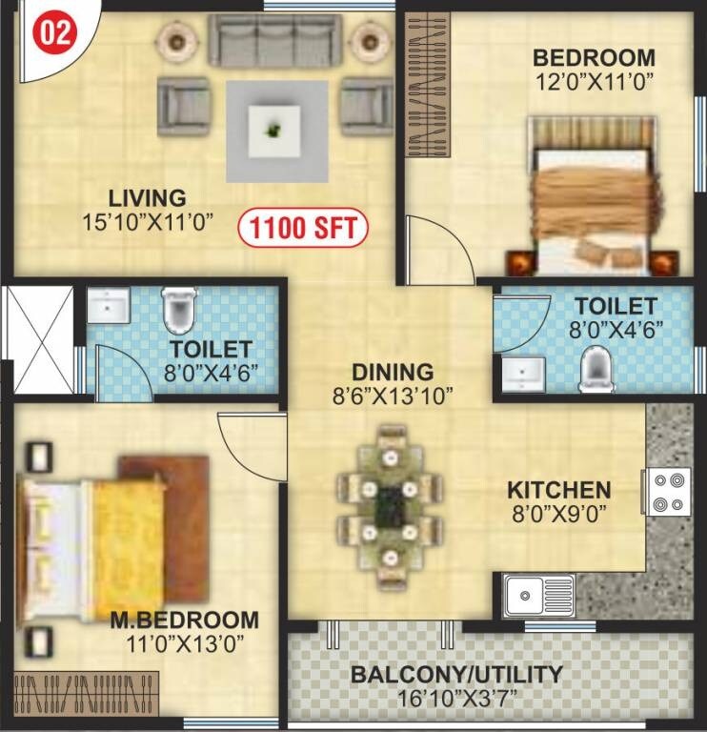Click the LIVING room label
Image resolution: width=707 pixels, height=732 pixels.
tap(147, 198)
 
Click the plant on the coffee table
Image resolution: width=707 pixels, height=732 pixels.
tap(276, 128)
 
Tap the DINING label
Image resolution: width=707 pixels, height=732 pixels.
tap(392, 372)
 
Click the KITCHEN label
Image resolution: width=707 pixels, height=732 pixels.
tap(558, 490)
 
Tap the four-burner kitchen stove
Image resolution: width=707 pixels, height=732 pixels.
tap(669, 492)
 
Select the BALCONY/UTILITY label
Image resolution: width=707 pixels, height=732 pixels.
tap(456, 675)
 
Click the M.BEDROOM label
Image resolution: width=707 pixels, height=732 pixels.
tap(184, 620)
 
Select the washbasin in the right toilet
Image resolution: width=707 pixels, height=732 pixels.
tap(522, 373)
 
